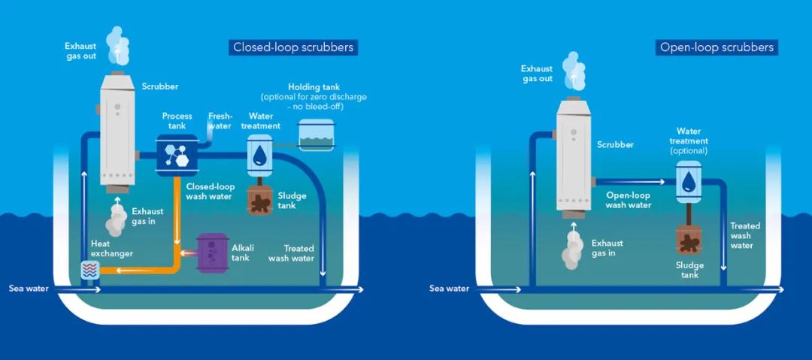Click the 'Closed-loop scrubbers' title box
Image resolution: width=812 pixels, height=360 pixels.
pyautogui.click(x=293, y=47)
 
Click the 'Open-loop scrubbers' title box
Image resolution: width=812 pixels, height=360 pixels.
pyautogui.click(x=717, y=47)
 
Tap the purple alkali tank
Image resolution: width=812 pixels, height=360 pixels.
pyautogui.click(x=212, y=253)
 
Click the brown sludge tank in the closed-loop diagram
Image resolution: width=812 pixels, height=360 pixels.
pyautogui.click(x=259, y=199)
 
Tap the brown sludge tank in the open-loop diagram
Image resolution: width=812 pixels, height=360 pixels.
pyautogui.click(x=689, y=239)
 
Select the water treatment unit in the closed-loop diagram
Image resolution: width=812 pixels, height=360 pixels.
pyautogui.click(x=259, y=156)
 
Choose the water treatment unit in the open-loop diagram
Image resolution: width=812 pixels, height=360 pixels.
pyautogui.click(x=689, y=182)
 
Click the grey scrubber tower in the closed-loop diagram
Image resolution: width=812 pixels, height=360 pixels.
pyautogui.click(x=117, y=132)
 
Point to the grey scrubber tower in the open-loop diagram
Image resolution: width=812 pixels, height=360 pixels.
pyautogui.click(x=573, y=156)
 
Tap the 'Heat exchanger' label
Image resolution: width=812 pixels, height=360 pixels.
pyautogui.click(x=112, y=248)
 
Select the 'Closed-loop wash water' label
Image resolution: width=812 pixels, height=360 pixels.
pyautogui.click(x=211, y=191)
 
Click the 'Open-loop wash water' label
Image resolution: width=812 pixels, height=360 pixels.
pyautogui.click(x=628, y=201)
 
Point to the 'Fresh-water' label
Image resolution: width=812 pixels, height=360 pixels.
pyautogui.click(x=220, y=121)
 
